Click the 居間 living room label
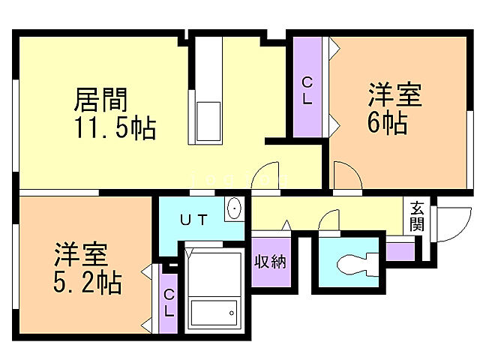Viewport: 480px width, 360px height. pos(100,100)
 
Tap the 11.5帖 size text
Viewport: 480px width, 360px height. pos(114,128)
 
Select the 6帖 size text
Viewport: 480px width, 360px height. pos(387,122)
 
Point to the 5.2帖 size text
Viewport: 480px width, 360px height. pos(88,283)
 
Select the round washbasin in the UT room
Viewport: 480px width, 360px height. pos(234,209)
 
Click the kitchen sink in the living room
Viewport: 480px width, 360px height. pos(208,119)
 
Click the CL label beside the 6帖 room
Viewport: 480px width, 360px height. pos(307,89)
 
